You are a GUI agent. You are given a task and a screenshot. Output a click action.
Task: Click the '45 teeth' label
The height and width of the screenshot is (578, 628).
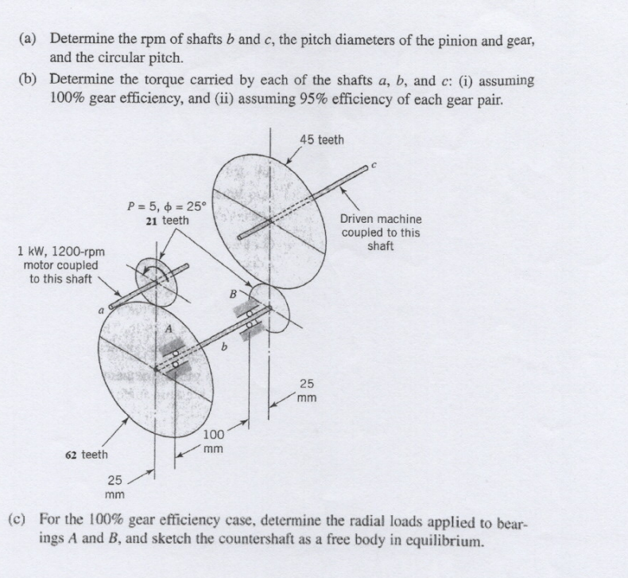(x=322, y=140)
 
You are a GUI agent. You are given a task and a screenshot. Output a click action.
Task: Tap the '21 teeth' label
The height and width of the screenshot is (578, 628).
(x=167, y=221)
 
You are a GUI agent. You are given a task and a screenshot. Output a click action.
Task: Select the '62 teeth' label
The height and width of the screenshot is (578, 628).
(x=87, y=455)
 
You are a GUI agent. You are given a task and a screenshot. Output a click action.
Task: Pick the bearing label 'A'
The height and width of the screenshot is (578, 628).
(x=169, y=328)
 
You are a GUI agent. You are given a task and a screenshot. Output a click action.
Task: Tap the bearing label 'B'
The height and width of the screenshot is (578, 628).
(x=233, y=293)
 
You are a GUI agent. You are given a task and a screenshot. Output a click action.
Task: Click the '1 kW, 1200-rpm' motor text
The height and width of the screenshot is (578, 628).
(x=60, y=252)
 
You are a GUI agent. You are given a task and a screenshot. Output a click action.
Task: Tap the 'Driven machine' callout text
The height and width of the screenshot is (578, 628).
(x=381, y=218)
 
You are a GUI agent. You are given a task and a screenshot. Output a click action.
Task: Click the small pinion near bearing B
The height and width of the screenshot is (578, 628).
(x=274, y=309)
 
